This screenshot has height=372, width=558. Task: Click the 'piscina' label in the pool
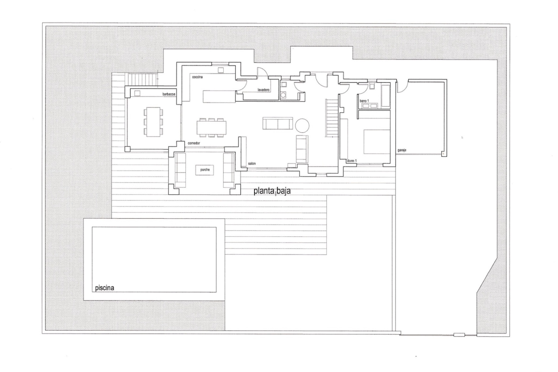(105, 288)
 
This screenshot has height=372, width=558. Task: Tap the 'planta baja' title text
(272, 191)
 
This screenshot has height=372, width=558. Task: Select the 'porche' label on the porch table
(205, 170)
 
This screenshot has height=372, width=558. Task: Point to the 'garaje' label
(402, 150)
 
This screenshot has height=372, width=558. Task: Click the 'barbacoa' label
(169, 94)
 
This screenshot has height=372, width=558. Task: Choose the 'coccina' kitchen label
(197, 77)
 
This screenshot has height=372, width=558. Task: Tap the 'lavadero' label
(263, 90)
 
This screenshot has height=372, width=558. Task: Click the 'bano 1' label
(364, 101)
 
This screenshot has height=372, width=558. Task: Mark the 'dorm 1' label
(352, 161)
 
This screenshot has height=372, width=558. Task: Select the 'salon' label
(252, 164)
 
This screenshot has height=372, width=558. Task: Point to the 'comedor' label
(194, 143)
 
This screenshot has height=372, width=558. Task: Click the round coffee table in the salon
(302, 126)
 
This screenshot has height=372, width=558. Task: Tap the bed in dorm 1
(377, 142)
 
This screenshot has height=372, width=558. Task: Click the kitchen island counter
(219, 96)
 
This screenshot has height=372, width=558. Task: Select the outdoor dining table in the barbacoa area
(153, 122)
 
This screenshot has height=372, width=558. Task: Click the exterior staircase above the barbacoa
(143, 80)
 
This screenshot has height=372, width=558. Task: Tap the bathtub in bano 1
(385, 96)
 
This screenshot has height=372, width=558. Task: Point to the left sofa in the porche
(180, 170)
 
